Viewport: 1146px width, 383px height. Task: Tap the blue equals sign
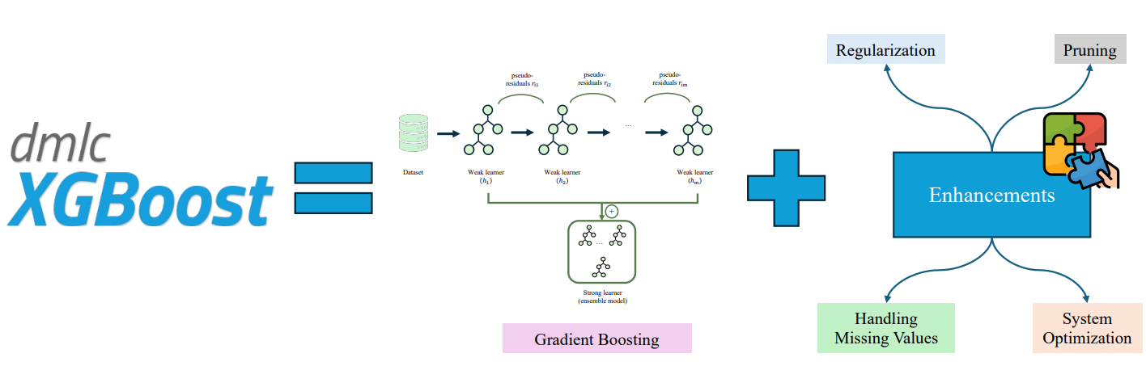point(333,189)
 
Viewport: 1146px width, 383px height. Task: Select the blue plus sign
point(786,187)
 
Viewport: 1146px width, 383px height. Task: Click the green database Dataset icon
point(414,133)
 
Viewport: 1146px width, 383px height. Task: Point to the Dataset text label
point(413,172)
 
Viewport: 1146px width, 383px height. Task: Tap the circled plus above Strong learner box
point(612,211)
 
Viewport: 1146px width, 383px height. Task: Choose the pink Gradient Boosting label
point(596,339)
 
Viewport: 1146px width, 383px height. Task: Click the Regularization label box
point(885,50)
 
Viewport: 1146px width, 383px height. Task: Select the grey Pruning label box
point(1089,50)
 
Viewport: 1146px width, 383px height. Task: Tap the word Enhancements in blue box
point(991,196)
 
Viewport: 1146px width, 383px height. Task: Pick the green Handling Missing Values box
point(885,328)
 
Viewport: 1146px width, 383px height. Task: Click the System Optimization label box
point(1086,328)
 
